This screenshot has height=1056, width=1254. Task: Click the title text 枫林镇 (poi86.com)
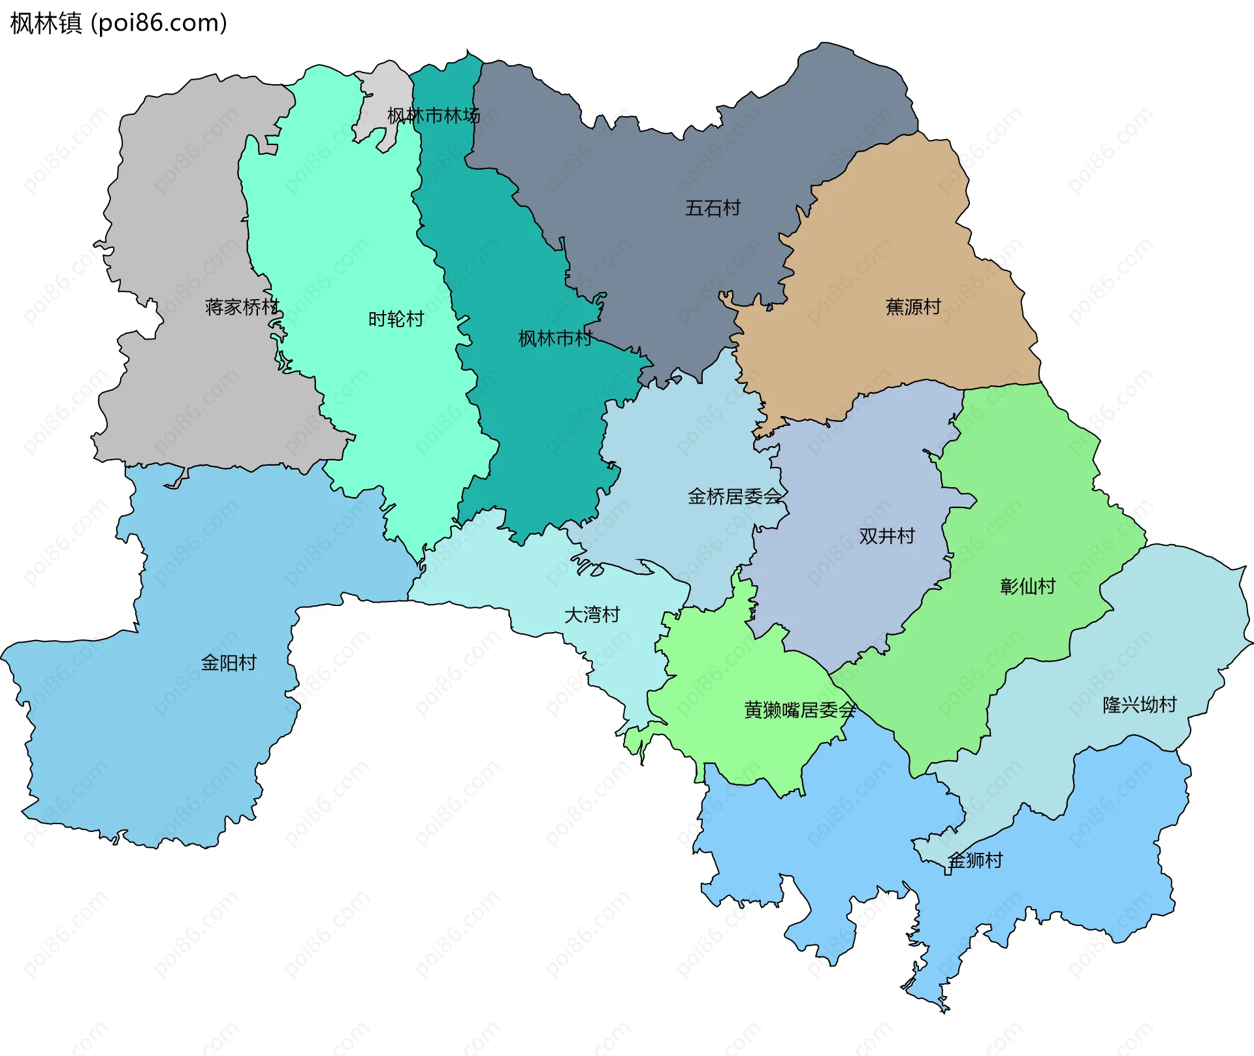click(118, 23)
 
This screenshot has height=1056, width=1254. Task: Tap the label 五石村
click(713, 208)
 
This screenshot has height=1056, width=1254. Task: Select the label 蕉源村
click(912, 306)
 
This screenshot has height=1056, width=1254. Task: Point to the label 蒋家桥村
click(242, 306)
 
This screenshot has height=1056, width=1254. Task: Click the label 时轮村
click(396, 319)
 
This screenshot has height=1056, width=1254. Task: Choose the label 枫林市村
click(555, 338)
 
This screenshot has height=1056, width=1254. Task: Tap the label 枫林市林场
click(433, 116)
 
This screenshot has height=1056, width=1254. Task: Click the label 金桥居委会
click(734, 496)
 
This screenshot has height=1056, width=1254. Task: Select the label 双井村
click(886, 536)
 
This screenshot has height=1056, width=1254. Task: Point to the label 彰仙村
click(1027, 586)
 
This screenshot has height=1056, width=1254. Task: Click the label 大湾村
click(591, 615)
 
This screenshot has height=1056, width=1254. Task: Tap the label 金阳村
click(228, 662)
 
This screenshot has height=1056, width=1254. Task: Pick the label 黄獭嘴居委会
click(799, 709)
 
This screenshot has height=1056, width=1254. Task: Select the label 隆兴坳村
click(1139, 704)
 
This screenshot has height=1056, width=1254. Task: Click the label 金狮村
click(975, 860)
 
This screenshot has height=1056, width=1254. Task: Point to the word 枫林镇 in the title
click(46, 23)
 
